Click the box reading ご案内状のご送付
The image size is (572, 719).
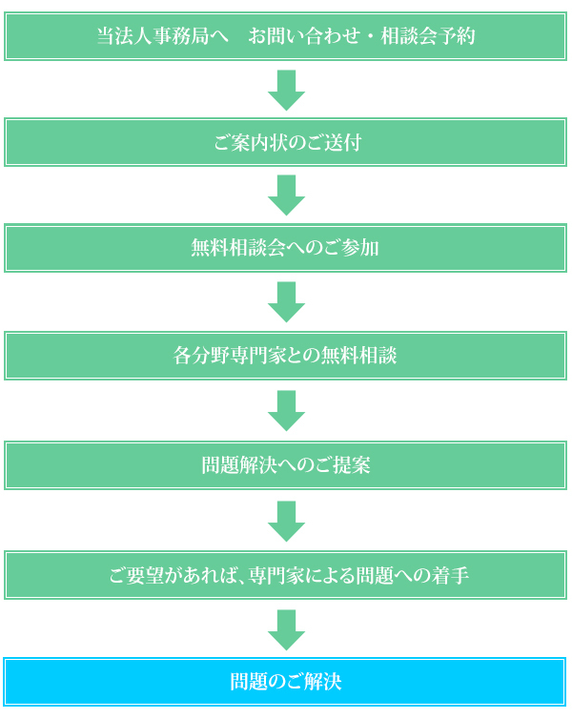pyautogui.click(x=286, y=143)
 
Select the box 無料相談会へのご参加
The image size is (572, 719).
pyautogui.click(x=286, y=248)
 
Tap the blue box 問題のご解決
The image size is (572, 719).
pyautogui.click(x=286, y=682)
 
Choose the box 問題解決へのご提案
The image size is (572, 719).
pyautogui.click(x=286, y=465)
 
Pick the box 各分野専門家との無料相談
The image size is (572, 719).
pyautogui.click(x=286, y=357)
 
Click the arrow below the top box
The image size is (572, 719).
pyautogui.click(x=286, y=89)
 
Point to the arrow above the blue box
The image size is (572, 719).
pyautogui.click(x=286, y=629)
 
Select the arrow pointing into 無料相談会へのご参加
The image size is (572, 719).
pyautogui.click(x=286, y=195)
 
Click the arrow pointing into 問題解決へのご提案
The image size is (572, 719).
pyautogui.click(x=286, y=410)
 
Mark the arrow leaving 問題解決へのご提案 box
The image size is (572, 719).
pyautogui.click(x=286, y=521)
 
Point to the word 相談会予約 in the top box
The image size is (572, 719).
pyautogui.click(x=428, y=36)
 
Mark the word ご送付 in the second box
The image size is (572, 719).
pyautogui.click(x=332, y=143)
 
